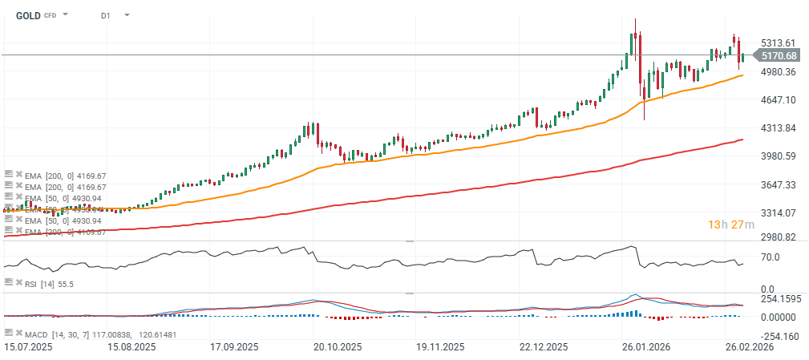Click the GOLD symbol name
tap(29, 15)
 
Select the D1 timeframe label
tap(106, 15)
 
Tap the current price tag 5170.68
tap(779, 55)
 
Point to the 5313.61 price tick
tap(779, 43)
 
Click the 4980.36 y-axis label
tap(779, 72)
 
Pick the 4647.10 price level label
tap(779, 100)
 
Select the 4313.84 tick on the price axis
tap(779, 128)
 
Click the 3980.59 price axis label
tap(779, 156)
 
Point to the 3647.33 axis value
tap(779, 185)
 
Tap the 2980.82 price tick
tap(779, 237)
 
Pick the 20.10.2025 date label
tap(338, 347)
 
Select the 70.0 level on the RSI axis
tap(771, 257)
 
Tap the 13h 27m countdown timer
tap(726, 224)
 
